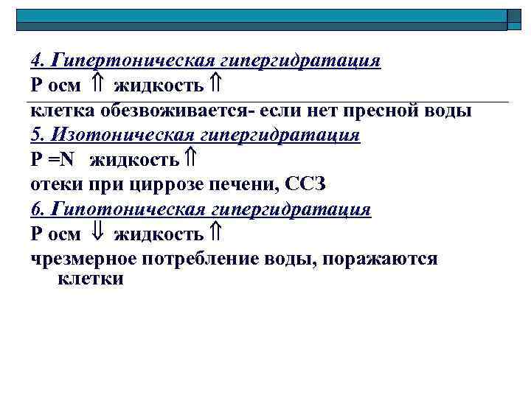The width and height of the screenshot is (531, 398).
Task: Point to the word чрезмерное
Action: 80,259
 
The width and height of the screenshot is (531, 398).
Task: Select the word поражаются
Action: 381,259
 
